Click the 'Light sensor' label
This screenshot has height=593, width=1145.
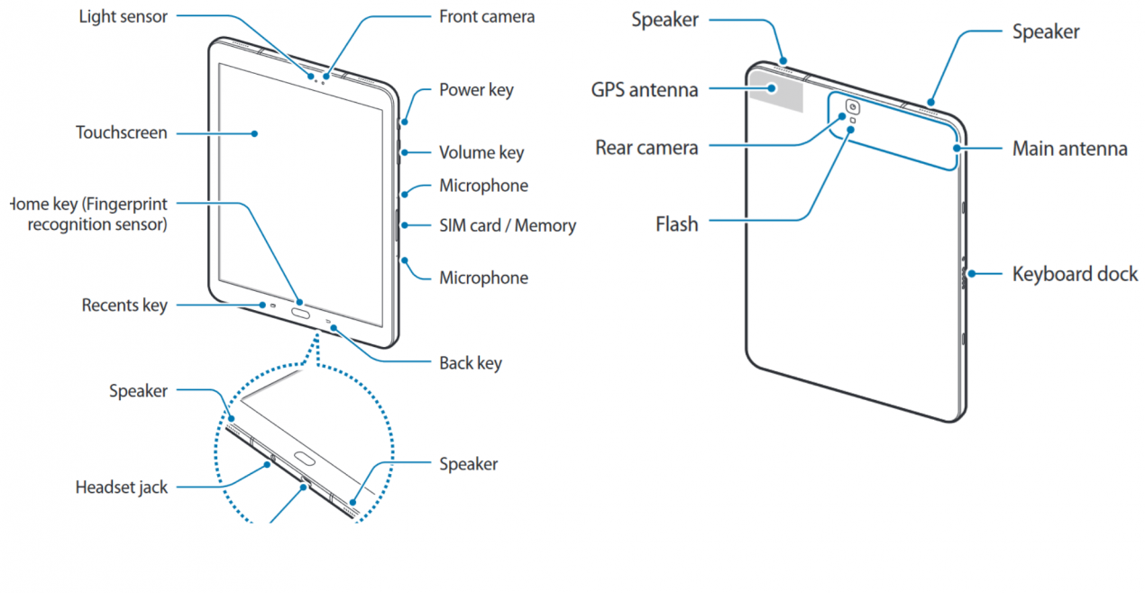[x=123, y=16]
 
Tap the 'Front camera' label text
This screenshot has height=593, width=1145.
[x=486, y=16]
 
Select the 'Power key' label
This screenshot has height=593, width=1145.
[x=476, y=89]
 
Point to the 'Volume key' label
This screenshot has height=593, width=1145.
[x=481, y=152]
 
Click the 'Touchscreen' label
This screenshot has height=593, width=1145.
[x=121, y=132]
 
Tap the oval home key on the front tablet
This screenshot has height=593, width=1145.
[x=299, y=315]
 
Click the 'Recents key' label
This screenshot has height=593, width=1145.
[x=124, y=306]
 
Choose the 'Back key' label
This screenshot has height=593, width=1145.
[x=470, y=363]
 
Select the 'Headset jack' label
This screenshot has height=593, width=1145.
[x=121, y=488]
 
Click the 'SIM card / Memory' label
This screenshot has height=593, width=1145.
[x=507, y=225]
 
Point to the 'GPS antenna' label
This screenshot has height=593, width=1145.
[x=645, y=89]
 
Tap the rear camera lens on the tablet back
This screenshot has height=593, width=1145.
[x=852, y=109]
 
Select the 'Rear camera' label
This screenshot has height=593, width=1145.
[x=646, y=147]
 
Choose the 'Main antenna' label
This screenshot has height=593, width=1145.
[x=1069, y=148]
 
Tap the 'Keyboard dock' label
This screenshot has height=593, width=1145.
[x=1075, y=273]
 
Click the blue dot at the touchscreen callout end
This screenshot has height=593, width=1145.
[x=255, y=133]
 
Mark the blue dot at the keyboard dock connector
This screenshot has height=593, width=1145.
[x=970, y=273]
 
